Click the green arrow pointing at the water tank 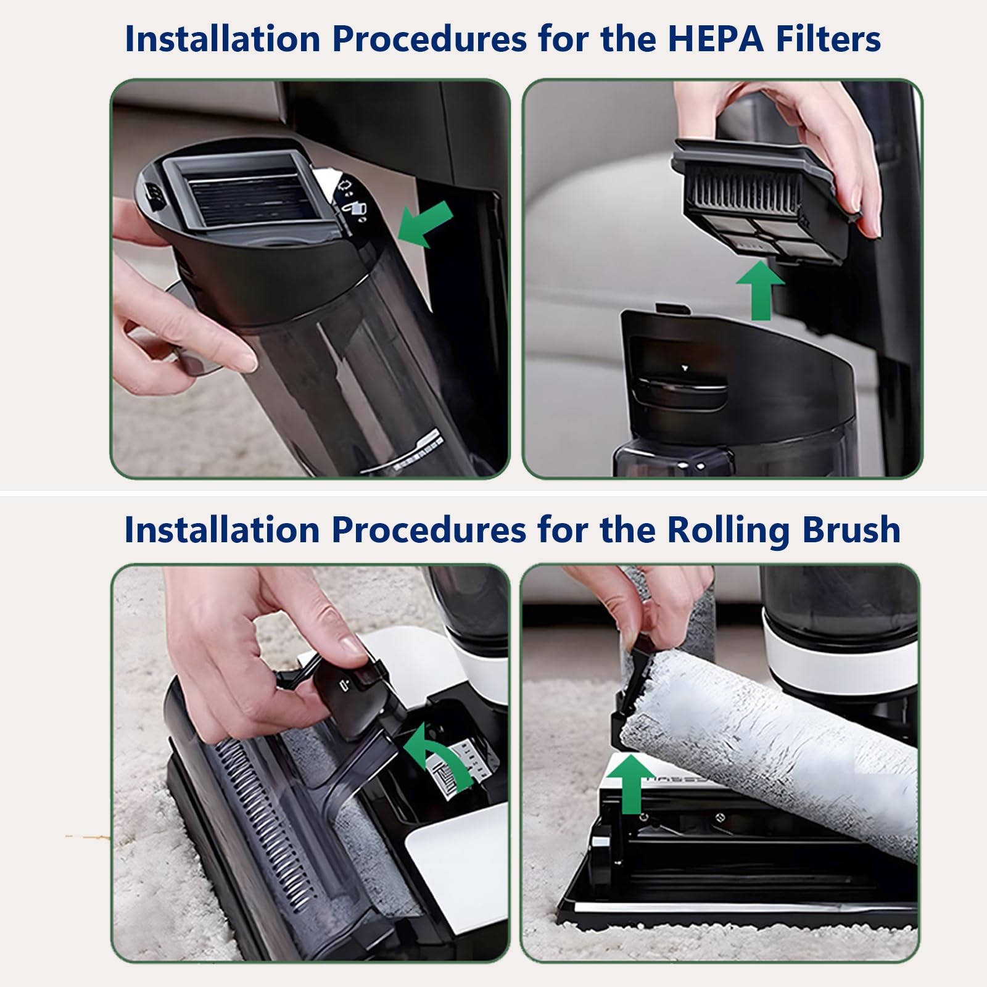point(425,224)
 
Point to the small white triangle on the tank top point(683,368)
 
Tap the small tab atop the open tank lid point(672,308)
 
